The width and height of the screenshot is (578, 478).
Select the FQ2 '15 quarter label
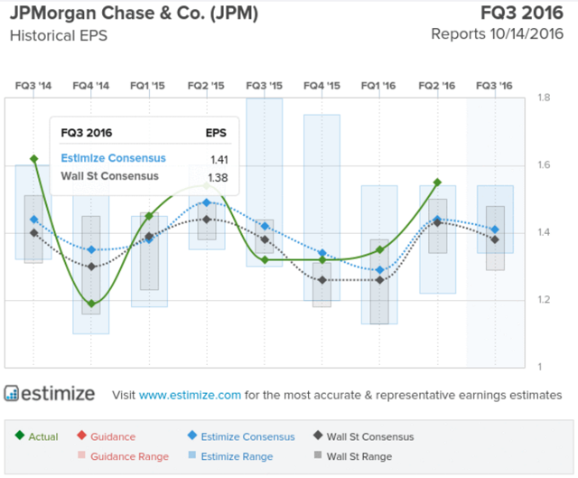click(205, 85)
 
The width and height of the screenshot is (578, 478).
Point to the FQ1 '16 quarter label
click(378, 85)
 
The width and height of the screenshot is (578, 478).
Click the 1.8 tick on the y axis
click(545, 98)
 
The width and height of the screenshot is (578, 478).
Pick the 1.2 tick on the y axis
click(545, 300)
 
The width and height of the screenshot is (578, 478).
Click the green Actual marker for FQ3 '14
click(34, 159)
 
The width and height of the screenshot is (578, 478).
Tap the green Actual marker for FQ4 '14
click(91, 304)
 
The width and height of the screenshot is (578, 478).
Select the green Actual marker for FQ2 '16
click(437, 183)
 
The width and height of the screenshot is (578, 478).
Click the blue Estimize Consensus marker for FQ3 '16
click(493, 230)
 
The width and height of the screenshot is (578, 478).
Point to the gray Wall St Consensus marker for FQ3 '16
click(493, 239)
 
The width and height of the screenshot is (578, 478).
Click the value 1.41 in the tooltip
click(217, 158)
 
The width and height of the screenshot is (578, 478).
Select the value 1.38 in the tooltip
click(217, 176)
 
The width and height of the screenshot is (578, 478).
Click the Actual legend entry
click(39, 436)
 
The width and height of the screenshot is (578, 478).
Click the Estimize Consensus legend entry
click(241, 436)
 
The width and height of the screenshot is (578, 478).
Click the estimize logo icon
click(13, 393)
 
